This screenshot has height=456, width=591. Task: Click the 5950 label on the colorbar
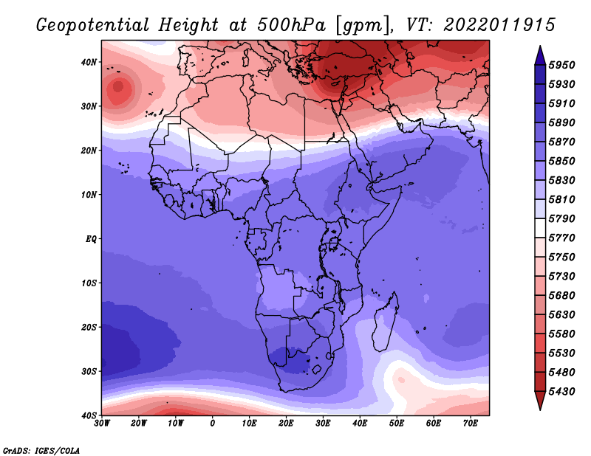pos(561,65)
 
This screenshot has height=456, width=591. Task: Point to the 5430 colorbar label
pos(561,392)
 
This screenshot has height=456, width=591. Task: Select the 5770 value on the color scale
pos(561,238)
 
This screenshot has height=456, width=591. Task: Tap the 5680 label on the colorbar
pos(561,296)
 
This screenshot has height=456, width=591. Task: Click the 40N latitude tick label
pos(89,62)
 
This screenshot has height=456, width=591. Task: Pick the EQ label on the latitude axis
pos(91,239)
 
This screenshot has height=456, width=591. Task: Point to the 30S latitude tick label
pos(89,372)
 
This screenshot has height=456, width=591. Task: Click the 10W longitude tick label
pos(176,424)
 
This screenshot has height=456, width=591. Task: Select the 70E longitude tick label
pos(471,424)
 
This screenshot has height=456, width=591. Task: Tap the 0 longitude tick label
pos(213,424)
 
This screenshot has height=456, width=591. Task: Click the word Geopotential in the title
pos(93,25)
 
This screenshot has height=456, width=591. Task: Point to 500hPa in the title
pos(291,25)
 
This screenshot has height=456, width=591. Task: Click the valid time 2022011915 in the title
pos(499,25)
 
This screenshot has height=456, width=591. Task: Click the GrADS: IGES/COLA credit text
pos(41,451)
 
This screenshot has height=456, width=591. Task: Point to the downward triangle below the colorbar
pos(540,401)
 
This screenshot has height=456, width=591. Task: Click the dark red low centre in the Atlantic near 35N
pos(118,87)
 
